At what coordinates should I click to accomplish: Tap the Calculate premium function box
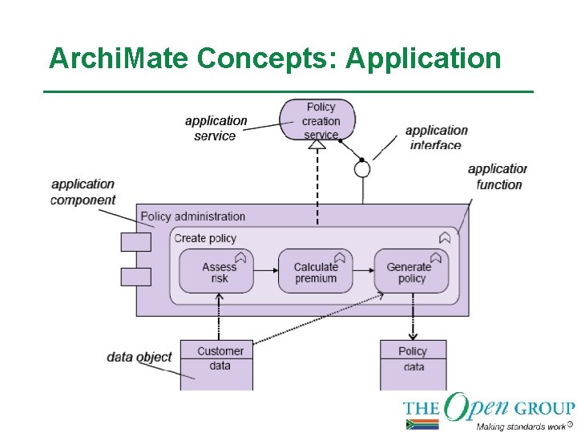[315, 271]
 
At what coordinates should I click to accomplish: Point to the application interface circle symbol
[362, 169]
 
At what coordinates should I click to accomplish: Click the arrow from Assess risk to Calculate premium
[265, 272]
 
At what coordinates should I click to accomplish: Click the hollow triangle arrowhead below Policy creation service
[317, 144]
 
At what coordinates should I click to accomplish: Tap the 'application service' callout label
[216, 128]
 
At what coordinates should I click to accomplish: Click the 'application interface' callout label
[436, 137]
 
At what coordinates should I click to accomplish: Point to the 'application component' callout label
[83, 192]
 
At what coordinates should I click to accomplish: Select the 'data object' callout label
[139, 356]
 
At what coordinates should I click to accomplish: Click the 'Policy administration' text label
[192, 216]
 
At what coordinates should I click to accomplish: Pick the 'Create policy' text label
[205, 238]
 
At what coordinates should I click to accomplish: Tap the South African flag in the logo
[422, 424]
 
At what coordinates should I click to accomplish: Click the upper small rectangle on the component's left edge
[135, 241]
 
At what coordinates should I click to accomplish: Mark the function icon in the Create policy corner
[445, 237]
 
